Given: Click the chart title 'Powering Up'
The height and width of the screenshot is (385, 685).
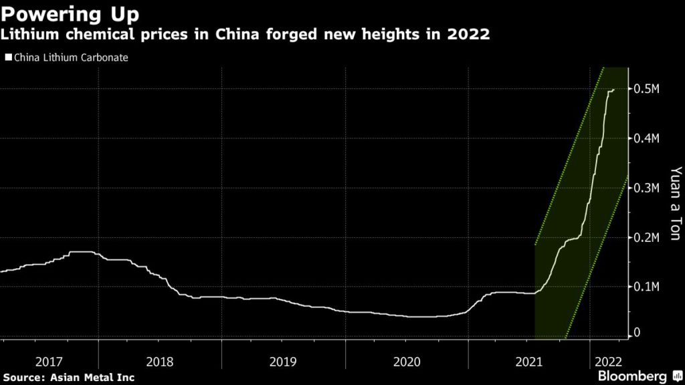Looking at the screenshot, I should point(70,13).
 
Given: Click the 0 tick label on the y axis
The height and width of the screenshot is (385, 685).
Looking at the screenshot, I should point(637,333).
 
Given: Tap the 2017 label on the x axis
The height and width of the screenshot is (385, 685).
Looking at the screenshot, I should point(49,362).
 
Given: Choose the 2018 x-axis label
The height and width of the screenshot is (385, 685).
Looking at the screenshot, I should point(159,362).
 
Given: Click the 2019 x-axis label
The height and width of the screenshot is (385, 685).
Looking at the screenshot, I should point(283,362).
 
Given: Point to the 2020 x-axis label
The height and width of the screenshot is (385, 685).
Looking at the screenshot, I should point(407,362).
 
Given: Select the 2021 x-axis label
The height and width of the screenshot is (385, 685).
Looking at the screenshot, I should point(528,362).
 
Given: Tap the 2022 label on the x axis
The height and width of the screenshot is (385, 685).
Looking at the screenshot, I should point(607,362).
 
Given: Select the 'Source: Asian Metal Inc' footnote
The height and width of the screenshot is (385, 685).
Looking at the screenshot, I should point(68,378).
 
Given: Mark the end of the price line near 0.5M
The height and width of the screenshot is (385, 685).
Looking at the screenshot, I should point(614,90).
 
